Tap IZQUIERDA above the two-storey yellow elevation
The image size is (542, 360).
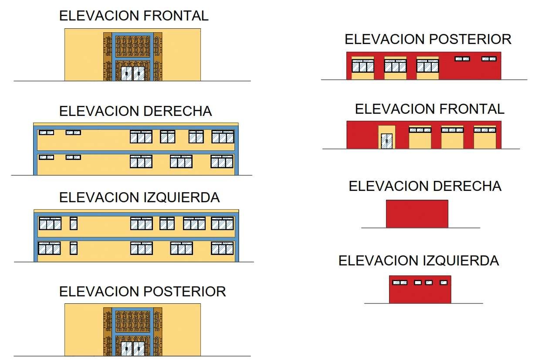coord(181,197)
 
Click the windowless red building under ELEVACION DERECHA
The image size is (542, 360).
coord(417,214)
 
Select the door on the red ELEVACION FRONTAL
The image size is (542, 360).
coord(386,141)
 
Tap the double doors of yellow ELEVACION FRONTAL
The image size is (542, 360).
coord(132,74)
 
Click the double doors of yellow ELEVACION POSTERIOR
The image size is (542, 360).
coord(132,349)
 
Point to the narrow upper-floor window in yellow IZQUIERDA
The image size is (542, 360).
coord(74,223)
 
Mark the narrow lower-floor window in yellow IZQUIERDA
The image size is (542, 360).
coord(74,248)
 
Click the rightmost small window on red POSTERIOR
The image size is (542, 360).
coord(489,58)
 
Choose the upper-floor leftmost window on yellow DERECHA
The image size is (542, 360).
coord(46,132)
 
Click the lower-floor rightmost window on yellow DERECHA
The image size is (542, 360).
coord(222,162)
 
